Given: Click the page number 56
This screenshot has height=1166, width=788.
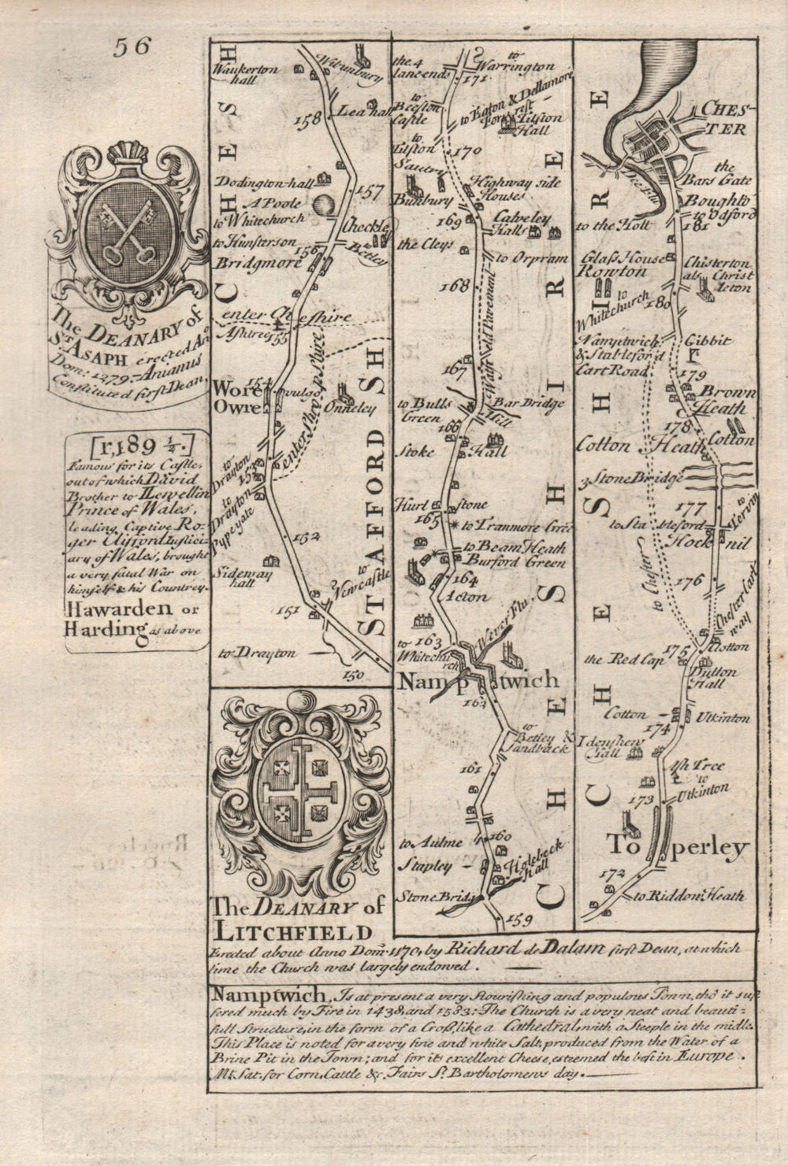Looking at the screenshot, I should click(x=132, y=47).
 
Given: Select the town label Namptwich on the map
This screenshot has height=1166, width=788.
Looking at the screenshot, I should click(x=478, y=681).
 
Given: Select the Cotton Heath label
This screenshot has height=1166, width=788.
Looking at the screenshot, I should click(x=641, y=446).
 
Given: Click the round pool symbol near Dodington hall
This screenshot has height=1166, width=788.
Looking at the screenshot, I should click(x=323, y=205).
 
